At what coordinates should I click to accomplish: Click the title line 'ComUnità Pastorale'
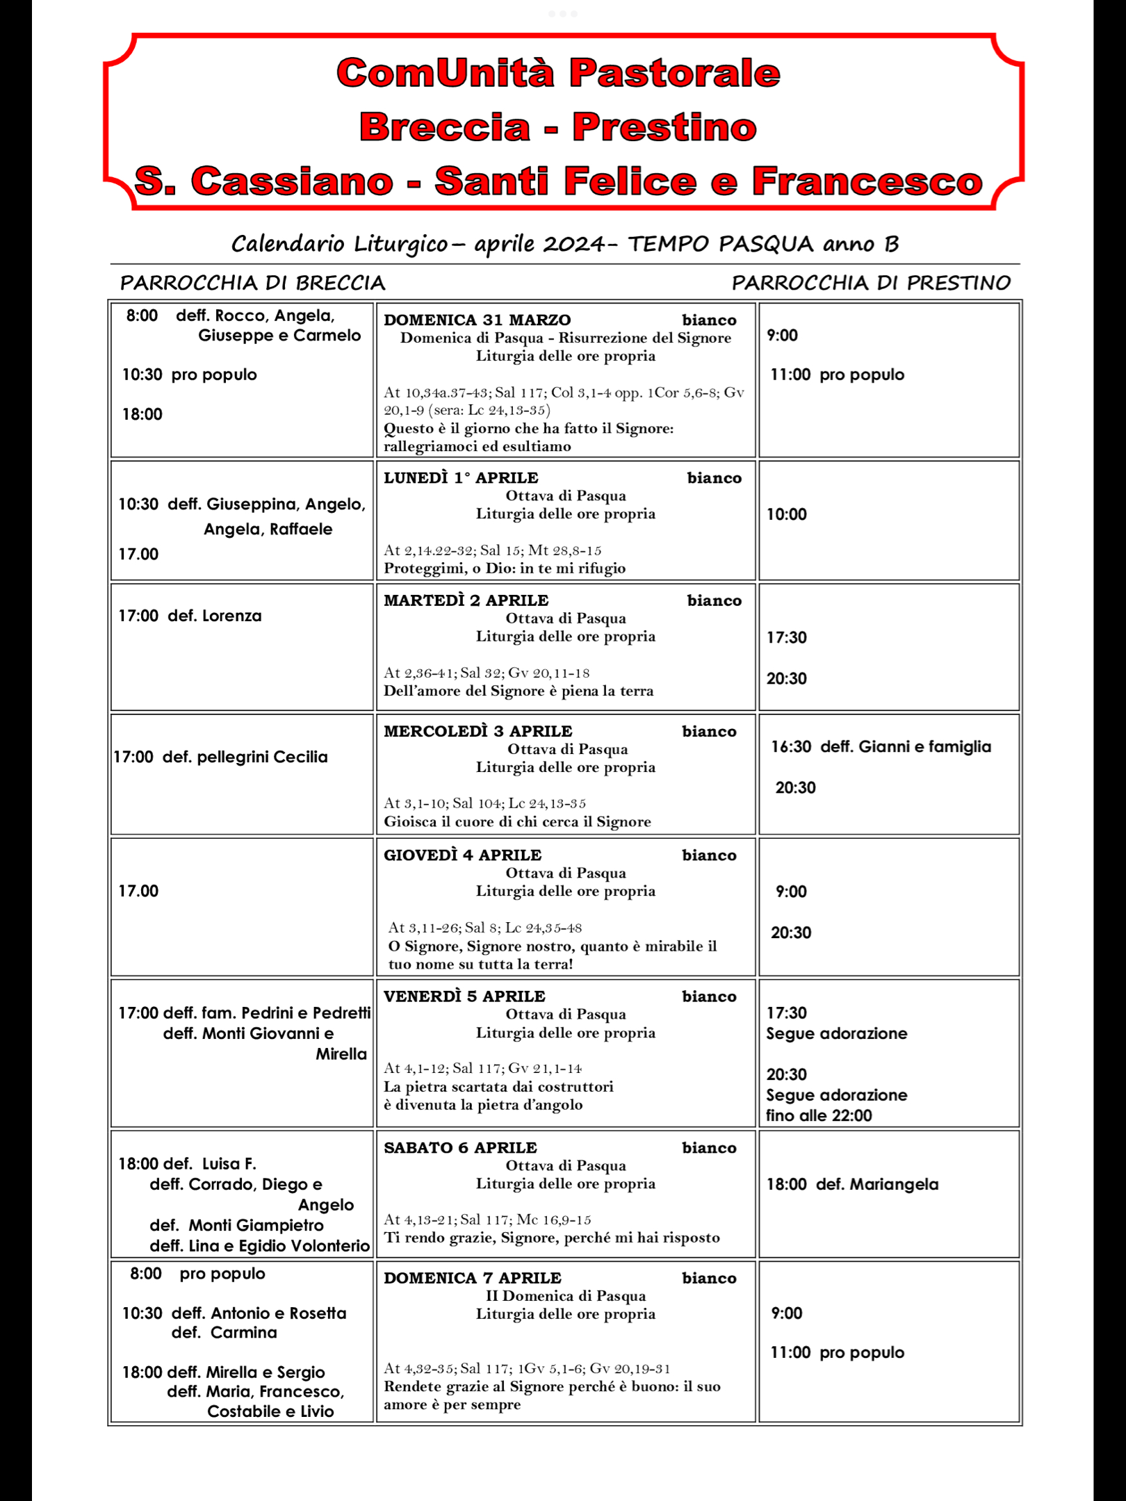558,73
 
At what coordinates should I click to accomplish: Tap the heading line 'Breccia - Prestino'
558,127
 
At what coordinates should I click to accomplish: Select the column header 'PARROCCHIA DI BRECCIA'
252,283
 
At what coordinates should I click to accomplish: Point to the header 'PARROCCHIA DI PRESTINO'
871,283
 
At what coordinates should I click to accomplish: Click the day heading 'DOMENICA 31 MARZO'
477,320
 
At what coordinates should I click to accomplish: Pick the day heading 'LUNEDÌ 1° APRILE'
461,477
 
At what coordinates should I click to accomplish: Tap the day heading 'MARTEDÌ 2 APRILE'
466,600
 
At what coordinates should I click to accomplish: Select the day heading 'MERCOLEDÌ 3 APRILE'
478,731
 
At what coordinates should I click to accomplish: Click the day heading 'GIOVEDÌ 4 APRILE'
462,855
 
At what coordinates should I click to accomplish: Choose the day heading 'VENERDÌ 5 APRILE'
464,996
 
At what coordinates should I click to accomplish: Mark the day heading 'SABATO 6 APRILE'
460,1147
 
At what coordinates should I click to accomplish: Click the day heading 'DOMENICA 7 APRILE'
472,1278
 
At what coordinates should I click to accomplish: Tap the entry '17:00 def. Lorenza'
190,616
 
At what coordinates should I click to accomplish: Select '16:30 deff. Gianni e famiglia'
881,747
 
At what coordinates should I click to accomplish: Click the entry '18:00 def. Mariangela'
852,1184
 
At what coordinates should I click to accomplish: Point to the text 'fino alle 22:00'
819,1115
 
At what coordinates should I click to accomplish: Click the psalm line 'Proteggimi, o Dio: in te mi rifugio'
505,568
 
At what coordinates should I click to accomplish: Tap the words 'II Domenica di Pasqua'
565,1296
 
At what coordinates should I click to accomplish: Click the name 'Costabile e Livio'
270,1411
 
